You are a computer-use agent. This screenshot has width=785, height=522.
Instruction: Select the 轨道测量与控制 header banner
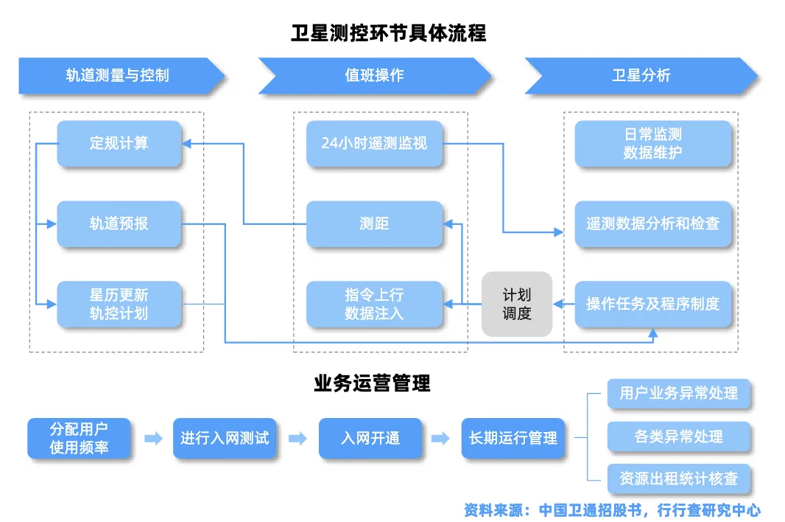[118, 75]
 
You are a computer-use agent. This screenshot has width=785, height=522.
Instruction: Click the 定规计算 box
[119, 143]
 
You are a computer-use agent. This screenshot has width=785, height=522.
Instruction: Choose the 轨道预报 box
[119, 223]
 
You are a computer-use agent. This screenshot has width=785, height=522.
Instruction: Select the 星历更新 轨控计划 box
[119, 304]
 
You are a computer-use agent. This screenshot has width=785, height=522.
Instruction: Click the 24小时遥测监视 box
[374, 143]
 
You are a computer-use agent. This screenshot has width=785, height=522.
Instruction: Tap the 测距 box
[374, 223]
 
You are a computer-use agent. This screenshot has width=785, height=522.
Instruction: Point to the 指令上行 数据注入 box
[374, 304]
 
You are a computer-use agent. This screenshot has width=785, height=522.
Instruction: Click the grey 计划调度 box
[516, 304]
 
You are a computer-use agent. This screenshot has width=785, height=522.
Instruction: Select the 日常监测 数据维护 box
[652, 143]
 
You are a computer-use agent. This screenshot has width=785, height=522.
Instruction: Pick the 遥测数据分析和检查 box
[652, 223]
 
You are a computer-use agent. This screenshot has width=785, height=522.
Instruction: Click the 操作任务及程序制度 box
[652, 304]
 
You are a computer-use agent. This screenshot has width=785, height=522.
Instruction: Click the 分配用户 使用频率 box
[80, 438]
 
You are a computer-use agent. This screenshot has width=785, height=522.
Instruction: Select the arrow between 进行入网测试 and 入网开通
[298, 439]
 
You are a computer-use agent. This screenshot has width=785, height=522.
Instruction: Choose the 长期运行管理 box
[513, 438]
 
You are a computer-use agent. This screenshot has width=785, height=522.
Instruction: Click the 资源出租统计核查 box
[678, 478]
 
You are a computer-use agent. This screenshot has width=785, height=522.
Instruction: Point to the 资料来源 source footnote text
[611, 509]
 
